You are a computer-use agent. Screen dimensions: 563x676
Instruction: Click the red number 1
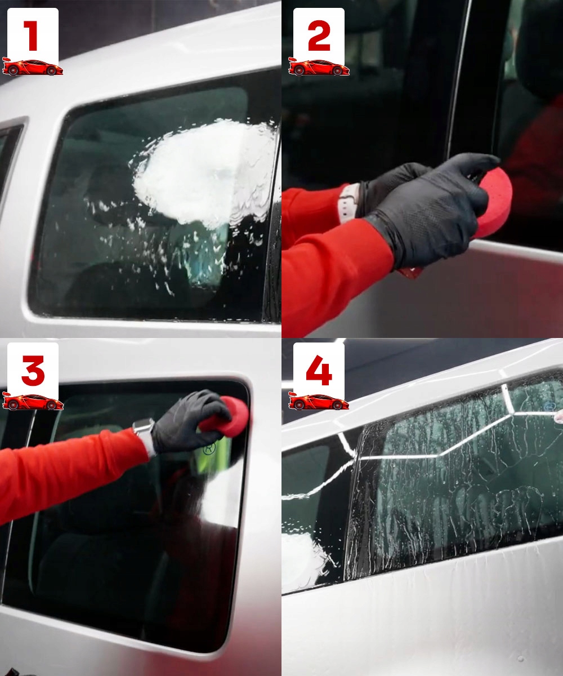point(33,35)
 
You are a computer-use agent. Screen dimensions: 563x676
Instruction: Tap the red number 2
point(319,35)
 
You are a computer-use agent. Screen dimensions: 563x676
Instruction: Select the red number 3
point(33,371)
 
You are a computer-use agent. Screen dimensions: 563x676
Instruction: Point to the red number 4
point(319,371)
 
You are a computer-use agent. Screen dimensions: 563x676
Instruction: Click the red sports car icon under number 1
point(32,66)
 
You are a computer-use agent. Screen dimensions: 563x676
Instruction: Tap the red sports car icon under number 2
point(319,66)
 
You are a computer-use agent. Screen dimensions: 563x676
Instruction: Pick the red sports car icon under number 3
point(32,401)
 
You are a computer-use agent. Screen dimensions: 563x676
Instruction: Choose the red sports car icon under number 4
point(319,401)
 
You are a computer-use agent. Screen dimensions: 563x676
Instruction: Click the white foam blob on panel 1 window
point(200,172)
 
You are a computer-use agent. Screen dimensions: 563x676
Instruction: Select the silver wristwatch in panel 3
point(145,435)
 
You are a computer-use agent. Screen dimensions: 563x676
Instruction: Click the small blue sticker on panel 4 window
point(550,406)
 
